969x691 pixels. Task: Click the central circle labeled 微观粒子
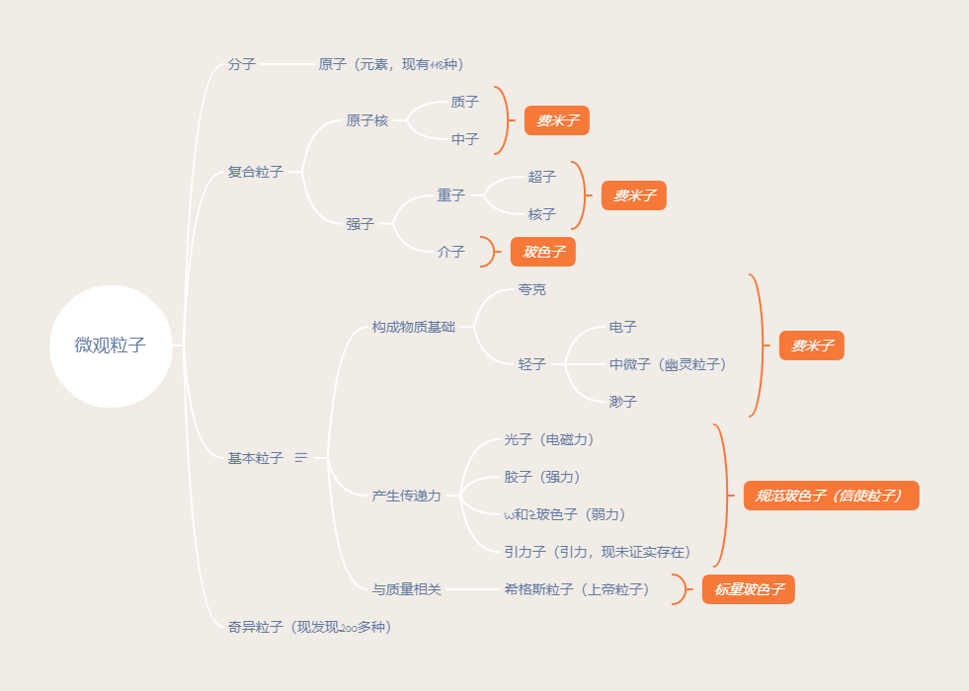(111, 345)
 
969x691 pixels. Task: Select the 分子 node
(241, 64)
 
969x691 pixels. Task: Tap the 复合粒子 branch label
(255, 172)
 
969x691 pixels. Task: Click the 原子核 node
(366, 120)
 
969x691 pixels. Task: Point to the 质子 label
(464, 102)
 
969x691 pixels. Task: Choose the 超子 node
(541, 177)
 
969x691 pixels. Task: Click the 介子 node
(450, 252)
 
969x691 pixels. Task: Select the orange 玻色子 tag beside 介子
(542, 252)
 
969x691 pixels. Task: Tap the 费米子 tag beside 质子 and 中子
(556, 120)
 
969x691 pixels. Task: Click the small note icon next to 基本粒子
(301, 458)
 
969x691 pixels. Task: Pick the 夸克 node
(531, 289)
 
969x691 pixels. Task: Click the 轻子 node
(531, 364)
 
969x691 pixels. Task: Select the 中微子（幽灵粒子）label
(668, 364)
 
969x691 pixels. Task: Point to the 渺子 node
(622, 402)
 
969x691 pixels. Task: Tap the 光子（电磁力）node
(549, 439)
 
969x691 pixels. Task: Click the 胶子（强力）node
(542, 477)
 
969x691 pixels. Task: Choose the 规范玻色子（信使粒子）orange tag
(831, 496)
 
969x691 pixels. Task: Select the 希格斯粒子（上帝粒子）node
(577, 589)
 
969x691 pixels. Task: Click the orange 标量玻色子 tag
(748, 589)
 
